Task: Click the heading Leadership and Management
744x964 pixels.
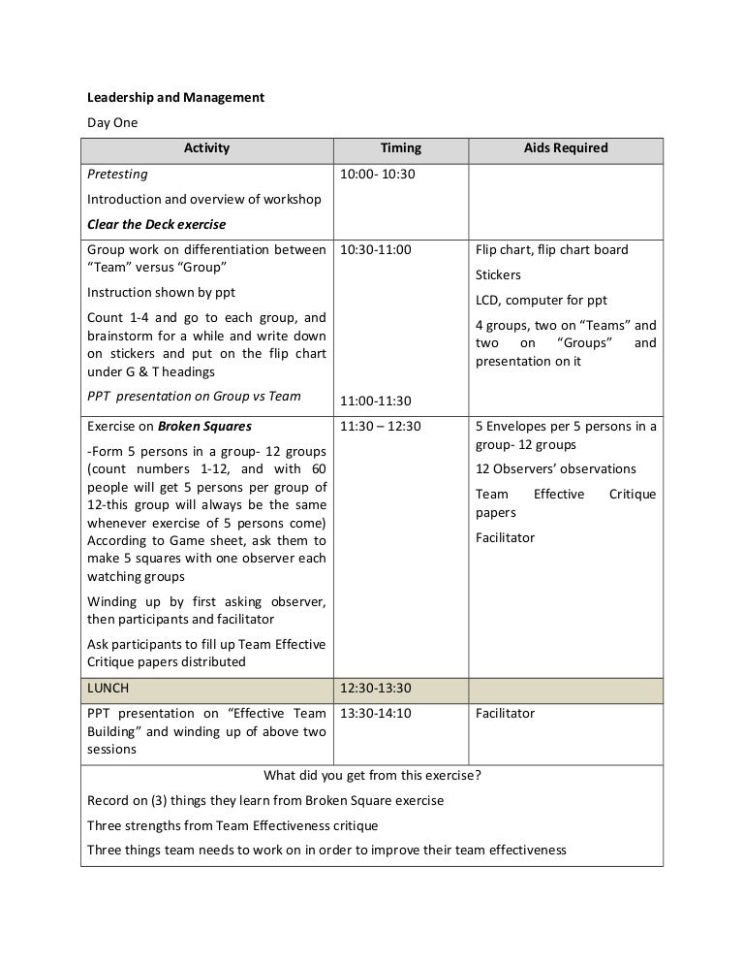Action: coord(175,98)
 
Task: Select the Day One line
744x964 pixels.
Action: coord(112,123)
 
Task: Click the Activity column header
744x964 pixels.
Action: coord(206,148)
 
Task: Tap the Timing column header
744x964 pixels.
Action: coord(400,148)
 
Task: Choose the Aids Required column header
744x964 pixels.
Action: coord(566,148)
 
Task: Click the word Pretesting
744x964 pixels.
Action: coord(117,175)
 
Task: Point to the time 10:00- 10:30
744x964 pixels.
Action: coord(377,175)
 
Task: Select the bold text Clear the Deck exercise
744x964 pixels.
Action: coord(156,224)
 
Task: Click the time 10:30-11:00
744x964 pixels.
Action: coord(376,249)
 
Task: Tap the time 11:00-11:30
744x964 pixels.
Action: coord(376,401)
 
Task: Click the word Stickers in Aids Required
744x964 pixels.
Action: coord(498,274)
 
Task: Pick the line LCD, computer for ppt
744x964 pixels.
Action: coord(542,300)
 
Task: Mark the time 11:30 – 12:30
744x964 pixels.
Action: coord(381,426)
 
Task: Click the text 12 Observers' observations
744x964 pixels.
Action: coord(555,469)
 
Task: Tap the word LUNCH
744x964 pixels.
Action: coord(108,688)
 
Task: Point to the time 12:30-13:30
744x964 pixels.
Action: coord(376,688)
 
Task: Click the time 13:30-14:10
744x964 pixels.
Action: coord(376,713)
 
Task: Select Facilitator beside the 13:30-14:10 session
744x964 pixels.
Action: coord(505,713)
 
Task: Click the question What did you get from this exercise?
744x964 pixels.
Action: coord(372,775)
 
